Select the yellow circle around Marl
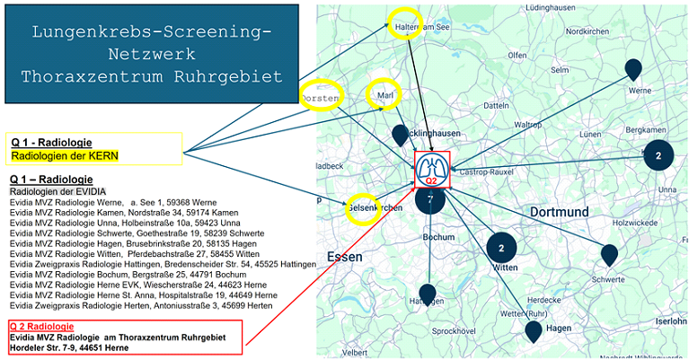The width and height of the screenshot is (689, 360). click(385, 93)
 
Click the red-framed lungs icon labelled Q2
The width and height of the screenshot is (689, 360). click(431, 169)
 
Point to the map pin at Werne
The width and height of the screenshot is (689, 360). click(634, 70)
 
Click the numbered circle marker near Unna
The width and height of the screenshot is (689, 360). click(658, 155)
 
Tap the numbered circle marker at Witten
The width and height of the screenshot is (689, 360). click(501, 248)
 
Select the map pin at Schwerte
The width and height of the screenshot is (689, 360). click(610, 256)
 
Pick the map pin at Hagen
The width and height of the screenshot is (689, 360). click(534, 332)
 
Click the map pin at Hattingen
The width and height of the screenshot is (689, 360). click(428, 294)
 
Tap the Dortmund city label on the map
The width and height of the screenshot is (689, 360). click(559, 212)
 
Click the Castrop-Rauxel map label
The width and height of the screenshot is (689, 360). click(488, 171)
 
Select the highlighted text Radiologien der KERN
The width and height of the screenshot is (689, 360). click(65, 155)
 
